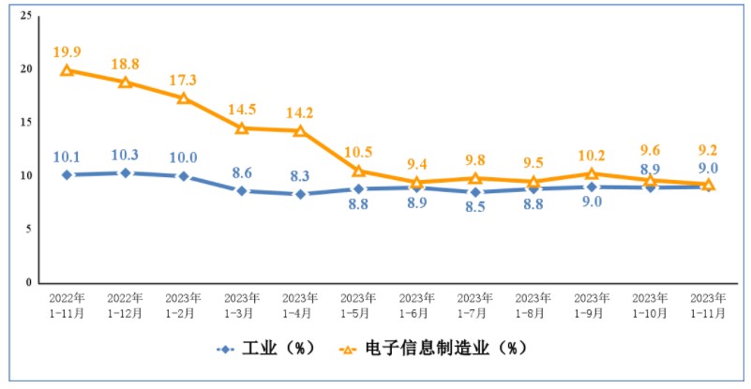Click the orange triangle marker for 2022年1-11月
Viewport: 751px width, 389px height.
click(x=67, y=70)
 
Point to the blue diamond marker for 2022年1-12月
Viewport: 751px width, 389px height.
click(x=125, y=172)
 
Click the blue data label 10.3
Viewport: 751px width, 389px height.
click(x=125, y=154)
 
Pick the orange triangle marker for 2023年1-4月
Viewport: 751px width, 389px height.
click(x=300, y=131)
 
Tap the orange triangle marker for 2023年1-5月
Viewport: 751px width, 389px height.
click(x=358, y=171)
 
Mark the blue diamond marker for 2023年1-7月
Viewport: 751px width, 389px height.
click(x=475, y=192)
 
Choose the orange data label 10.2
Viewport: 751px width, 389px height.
click(x=592, y=153)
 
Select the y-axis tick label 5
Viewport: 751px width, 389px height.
click(x=29, y=229)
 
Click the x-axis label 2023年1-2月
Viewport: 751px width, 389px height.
click(x=183, y=307)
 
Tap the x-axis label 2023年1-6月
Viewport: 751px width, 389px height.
click(x=416, y=307)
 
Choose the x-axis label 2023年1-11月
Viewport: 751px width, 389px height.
click(x=708, y=307)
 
